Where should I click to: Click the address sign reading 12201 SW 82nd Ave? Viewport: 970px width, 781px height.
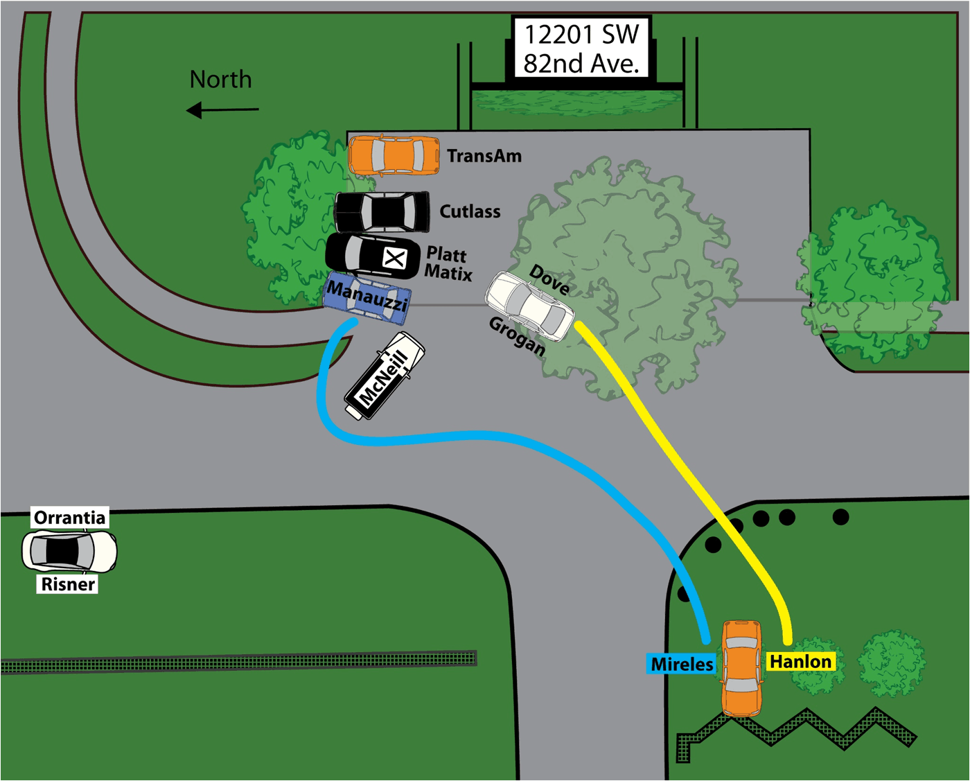pos(581,49)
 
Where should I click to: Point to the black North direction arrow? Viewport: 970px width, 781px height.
pos(222,109)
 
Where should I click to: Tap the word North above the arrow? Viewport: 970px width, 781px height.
pos(220,80)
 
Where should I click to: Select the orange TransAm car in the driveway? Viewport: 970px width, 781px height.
pos(394,155)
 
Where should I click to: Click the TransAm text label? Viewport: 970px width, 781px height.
pos(484,156)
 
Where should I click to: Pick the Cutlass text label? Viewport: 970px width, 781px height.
pos(470,211)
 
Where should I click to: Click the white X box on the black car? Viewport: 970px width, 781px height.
pos(394,259)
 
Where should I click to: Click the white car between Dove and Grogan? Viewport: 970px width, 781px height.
pos(530,306)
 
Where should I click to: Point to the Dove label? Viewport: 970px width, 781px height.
pos(549,279)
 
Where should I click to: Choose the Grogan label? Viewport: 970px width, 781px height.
pos(517,336)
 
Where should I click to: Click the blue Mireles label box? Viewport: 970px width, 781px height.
pos(682,664)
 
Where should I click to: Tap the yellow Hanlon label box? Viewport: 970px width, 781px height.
pos(800,662)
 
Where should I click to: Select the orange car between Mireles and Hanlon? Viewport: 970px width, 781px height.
pos(741,667)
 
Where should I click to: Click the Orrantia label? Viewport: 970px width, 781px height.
pos(69,518)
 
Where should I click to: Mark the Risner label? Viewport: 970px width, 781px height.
pos(68,584)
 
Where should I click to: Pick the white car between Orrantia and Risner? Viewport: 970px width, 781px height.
pos(69,551)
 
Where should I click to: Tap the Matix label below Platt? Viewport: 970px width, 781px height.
pos(448,272)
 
